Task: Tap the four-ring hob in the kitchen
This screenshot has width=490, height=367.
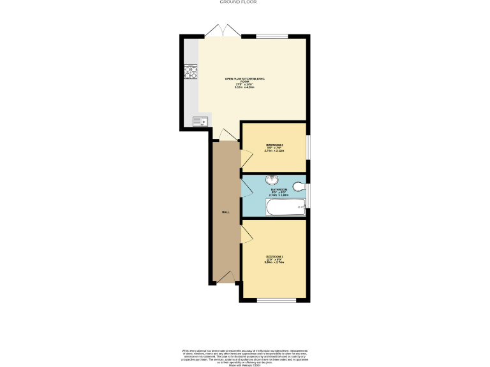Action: (189, 72)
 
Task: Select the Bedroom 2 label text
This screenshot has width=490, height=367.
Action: (274, 148)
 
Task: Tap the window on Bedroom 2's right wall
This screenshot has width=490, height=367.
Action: (308, 146)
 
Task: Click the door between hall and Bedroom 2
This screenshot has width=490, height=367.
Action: (245, 157)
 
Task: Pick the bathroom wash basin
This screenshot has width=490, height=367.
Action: (272, 180)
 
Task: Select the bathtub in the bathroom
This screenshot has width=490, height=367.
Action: (285, 206)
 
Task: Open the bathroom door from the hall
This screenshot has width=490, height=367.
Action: (245, 189)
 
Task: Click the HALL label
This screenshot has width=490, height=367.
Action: (225, 212)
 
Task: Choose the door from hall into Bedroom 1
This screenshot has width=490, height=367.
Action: (245, 233)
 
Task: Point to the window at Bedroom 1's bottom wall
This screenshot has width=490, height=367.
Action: (274, 299)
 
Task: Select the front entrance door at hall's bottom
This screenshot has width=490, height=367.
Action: (225, 277)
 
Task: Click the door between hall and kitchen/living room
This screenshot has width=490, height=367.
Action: (225, 133)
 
